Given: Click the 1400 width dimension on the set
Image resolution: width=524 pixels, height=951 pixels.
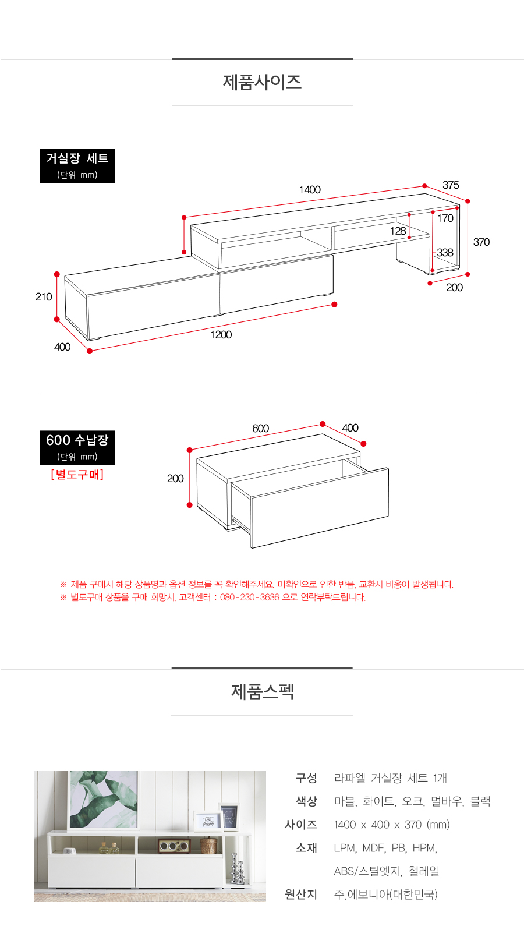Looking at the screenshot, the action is (310, 190).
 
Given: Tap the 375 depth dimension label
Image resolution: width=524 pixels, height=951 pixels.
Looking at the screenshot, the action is (451, 185).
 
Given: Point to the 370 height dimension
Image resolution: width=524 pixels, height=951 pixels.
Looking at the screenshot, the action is (481, 242).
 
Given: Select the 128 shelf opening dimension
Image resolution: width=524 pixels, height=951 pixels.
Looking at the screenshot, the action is (398, 231).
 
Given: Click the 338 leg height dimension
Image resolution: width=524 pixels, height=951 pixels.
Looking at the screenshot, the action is (445, 253).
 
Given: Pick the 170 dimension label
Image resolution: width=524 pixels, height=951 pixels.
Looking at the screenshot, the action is (445, 218).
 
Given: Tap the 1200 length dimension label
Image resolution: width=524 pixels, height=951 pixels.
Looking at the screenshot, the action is (221, 335).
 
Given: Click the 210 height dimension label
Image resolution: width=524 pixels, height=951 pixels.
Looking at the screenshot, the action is (44, 297).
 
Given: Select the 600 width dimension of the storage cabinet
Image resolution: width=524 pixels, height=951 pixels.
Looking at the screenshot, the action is (260, 429).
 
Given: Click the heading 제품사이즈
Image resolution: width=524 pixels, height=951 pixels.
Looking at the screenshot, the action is (262, 82).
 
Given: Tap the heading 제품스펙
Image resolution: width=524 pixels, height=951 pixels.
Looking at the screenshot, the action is (262, 692).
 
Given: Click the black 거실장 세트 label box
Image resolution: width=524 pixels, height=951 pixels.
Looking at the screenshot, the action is (77, 166).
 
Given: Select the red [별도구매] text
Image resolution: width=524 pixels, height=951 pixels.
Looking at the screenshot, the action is (77, 474).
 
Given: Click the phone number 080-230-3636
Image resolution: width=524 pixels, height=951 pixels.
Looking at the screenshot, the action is (250, 598).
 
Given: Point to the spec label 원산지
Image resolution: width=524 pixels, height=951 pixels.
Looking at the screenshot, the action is (301, 895).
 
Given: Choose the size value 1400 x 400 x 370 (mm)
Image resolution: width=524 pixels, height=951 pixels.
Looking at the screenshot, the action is (392, 825).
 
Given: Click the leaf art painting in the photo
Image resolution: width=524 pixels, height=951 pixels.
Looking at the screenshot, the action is (104, 800).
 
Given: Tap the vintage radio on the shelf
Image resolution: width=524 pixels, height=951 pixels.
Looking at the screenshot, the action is (174, 846).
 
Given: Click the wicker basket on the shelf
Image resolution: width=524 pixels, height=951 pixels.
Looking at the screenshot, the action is (209, 845).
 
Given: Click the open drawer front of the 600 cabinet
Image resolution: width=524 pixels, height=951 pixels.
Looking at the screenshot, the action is (320, 508).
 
